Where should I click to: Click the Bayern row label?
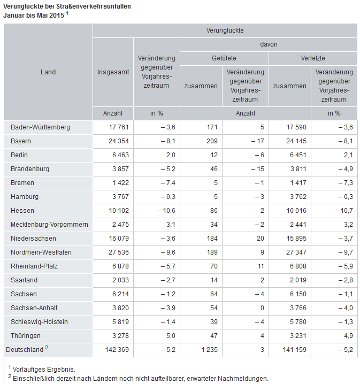tap(21, 141)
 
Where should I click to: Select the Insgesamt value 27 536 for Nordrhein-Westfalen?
tap(119, 252)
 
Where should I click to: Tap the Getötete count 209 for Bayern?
tap(212, 141)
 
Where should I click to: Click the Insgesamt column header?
tap(113, 72)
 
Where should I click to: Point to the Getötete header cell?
tap(224, 58)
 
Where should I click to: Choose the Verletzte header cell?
tap(313, 58)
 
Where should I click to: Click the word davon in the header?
tap(269, 44)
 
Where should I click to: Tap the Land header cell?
tap(48, 72)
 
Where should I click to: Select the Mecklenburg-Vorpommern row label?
tap(49, 224)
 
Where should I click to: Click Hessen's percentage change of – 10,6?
tap(166, 211)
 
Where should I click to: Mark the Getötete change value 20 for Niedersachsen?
tap(261, 239)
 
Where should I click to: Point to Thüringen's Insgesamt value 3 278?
tap(120, 335)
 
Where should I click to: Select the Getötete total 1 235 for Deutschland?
tap(209, 349)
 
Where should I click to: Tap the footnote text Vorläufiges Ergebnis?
tap(44, 370)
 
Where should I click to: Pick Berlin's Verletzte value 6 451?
tap(298, 155)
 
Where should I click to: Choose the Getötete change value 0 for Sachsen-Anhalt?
tap(262, 308)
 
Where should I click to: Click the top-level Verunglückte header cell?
tap(225, 30)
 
